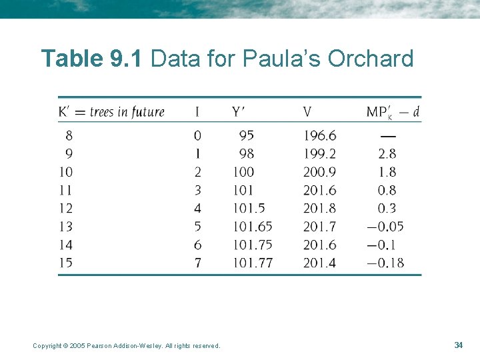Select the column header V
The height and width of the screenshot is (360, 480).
(x=307, y=111)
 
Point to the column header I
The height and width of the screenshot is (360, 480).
(x=197, y=111)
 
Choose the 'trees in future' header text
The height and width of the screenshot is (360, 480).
(x=127, y=111)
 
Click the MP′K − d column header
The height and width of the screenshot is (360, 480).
(x=393, y=112)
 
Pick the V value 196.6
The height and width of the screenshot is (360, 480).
(x=319, y=135)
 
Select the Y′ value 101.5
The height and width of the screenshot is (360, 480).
(x=249, y=208)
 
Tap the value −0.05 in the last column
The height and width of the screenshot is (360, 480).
(x=385, y=227)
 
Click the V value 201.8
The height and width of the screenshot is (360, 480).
(x=319, y=208)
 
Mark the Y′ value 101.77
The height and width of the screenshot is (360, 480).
(x=253, y=263)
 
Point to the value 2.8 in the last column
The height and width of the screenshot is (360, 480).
(x=387, y=153)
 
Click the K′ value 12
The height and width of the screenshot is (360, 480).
(x=65, y=208)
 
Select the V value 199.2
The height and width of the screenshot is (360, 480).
(x=319, y=153)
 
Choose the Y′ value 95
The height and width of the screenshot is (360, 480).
(x=246, y=135)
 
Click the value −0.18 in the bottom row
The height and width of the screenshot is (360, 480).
(x=385, y=263)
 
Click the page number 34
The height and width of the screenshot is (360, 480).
(x=458, y=345)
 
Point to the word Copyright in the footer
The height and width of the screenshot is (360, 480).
(x=49, y=345)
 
